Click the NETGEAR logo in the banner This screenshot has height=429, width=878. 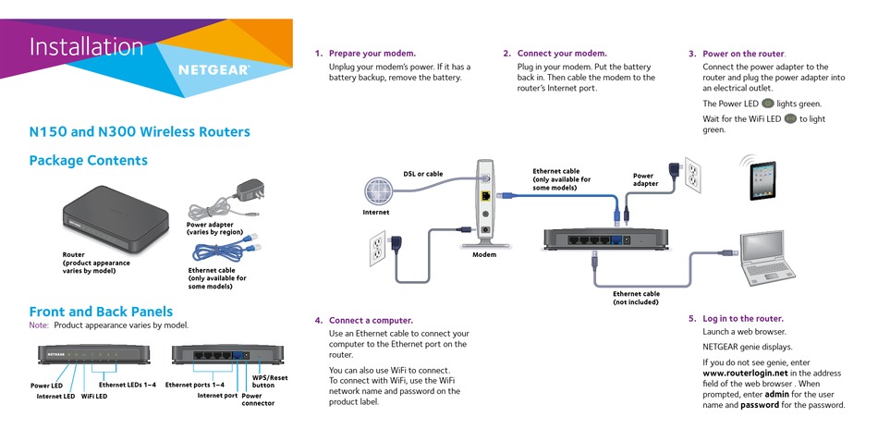click(x=213, y=70)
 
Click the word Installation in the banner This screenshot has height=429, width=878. click(x=86, y=46)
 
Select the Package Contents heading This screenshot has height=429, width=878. click(x=89, y=160)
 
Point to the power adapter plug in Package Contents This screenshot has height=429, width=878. click(x=250, y=190)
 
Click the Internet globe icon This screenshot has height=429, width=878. click(x=377, y=191)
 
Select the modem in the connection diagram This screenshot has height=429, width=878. click(x=485, y=203)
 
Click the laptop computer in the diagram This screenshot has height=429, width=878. click(x=767, y=259)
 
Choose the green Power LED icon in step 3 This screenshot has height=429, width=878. click(x=768, y=104)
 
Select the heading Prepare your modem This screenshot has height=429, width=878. click(x=372, y=54)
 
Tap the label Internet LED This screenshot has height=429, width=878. click(x=55, y=397)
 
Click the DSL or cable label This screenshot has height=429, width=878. click(x=423, y=174)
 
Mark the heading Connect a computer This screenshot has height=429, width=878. click(x=371, y=321)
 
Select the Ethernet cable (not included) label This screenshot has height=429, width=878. click(x=636, y=298)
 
